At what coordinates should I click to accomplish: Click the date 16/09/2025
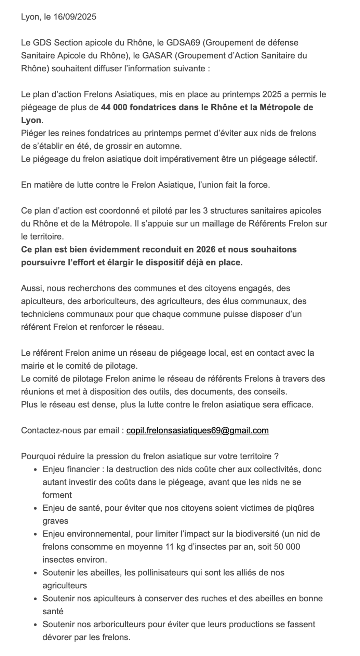(x=75, y=17)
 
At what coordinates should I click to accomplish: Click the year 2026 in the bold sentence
(x=205, y=249)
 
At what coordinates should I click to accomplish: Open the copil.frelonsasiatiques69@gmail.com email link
(x=197, y=430)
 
